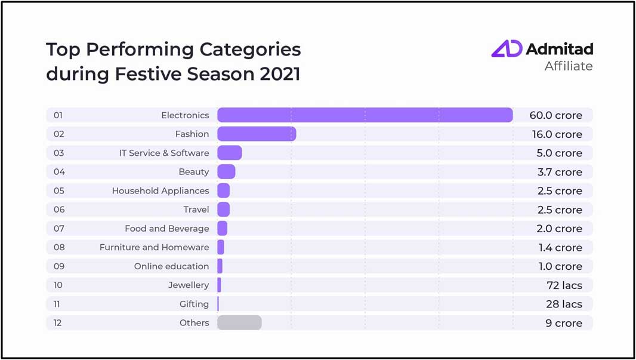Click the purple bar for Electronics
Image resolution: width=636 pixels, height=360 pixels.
click(x=365, y=115)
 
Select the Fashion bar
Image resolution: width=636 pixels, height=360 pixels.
click(x=257, y=134)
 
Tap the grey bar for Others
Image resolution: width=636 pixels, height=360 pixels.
click(x=239, y=322)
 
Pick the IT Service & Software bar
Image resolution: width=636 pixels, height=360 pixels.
click(x=230, y=153)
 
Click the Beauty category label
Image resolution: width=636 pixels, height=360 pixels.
click(x=194, y=172)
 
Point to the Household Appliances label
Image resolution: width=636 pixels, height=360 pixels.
click(x=160, y=191)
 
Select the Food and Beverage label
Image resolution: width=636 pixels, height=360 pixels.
click(x=167, y=229)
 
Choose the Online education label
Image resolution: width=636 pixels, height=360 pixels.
click(x=171, y=266)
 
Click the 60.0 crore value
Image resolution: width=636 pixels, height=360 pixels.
click(x=555, y=115)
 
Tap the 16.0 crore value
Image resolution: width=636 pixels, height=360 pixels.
click(x=557, y=134)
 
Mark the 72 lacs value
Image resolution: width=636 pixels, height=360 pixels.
click(x=564, y=285)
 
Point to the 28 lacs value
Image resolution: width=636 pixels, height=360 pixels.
click(x=564, y=304)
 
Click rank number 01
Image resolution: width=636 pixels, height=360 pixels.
click(x=58, y=115)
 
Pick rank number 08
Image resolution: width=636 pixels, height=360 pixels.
click(x=58, y=247)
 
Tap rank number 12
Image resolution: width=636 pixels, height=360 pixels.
click(x=58, y=323)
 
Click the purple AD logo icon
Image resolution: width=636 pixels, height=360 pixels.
click(x=507, y=49)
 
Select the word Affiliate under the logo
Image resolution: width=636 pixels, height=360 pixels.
click(x=569, y=66)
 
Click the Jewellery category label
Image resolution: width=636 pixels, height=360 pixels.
click(x=189, y=285)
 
